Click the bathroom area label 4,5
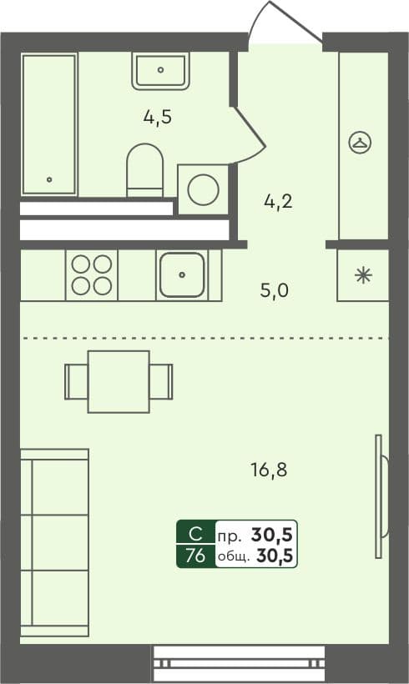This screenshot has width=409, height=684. pyautogui.click(x=157, y=117)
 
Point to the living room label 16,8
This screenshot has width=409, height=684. pyautogui.click(x=269, y=470)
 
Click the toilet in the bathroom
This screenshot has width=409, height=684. pyautogui.click(x=145, y=170)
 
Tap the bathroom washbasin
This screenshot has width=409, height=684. pyautogui.click(x=160, y=70)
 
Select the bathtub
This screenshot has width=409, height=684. pyautogui.click(x=49, y=124)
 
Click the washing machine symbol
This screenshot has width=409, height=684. pyautogui.click(x=203, y=189)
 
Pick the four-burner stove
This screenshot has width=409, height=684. pyautogui.click(x=92, y=274)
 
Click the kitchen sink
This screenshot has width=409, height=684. pyautogui.click(x=182, y=274)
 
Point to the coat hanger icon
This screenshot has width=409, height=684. pyautogui.click(x=361, y=143)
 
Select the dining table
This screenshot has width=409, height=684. pyautogui.click(x=119, y=381)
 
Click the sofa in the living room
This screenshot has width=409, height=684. pyautogui.click(x=54, y=542)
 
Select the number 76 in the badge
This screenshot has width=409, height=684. pyautogui.click(x=194, y=556)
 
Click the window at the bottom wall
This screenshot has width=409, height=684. pyautogui.click(x=239, y=662)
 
